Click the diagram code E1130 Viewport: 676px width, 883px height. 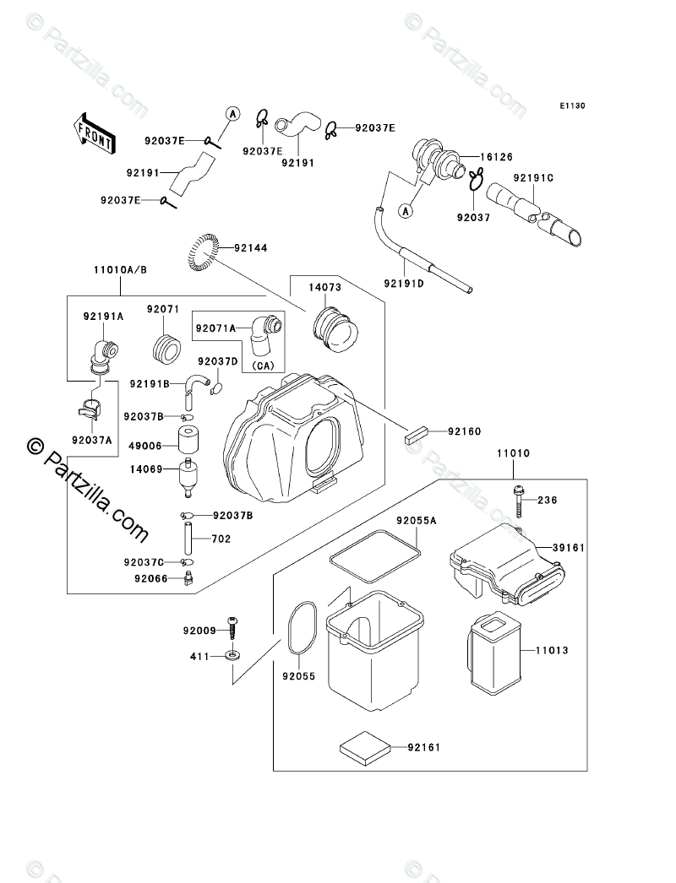pyautogui.click(x=571, y=106)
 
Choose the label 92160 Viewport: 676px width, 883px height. pyautogui.click(x=463, y=431)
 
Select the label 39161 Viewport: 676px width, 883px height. pyautogui.click(x=569, y=548)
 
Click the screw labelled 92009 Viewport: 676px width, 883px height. pyautogui.click(x=232, y=629)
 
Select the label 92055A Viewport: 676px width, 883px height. pyautogui.click(x=416, y=521)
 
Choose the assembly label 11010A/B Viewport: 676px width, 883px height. pyautogui.click(x=118, y=270)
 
